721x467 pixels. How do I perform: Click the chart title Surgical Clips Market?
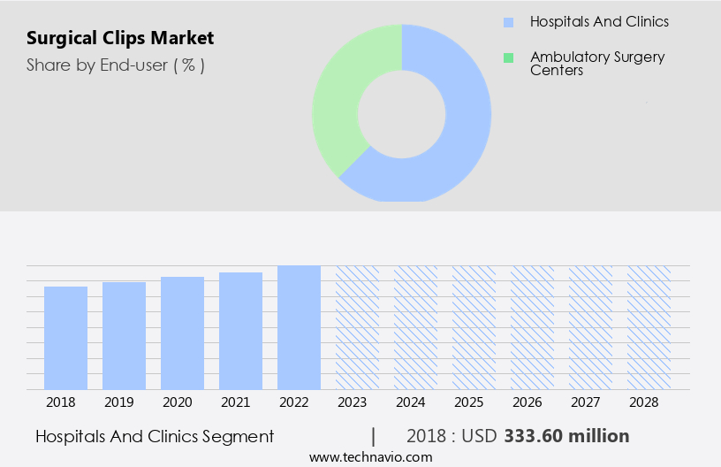pos(119,39)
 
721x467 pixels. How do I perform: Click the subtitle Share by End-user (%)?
pos(116,65)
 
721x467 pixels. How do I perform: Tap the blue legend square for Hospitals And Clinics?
pos(508,22)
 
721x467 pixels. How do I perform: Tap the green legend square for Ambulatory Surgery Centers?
pos(508,58)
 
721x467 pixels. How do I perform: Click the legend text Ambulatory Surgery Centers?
pos(597,63)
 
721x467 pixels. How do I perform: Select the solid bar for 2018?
pos(65,338)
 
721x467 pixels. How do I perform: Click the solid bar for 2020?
pos(182,333)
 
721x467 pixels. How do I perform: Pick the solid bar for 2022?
pos(299,327)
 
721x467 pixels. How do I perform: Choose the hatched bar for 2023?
pos(357,327)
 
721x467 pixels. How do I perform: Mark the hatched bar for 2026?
pos(532,327)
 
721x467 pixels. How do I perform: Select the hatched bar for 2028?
pos(649,327)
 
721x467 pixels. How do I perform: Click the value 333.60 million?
pos(566,436)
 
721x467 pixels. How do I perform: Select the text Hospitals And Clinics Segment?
pos(155,436)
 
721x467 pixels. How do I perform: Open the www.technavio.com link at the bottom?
pos(370,457)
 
